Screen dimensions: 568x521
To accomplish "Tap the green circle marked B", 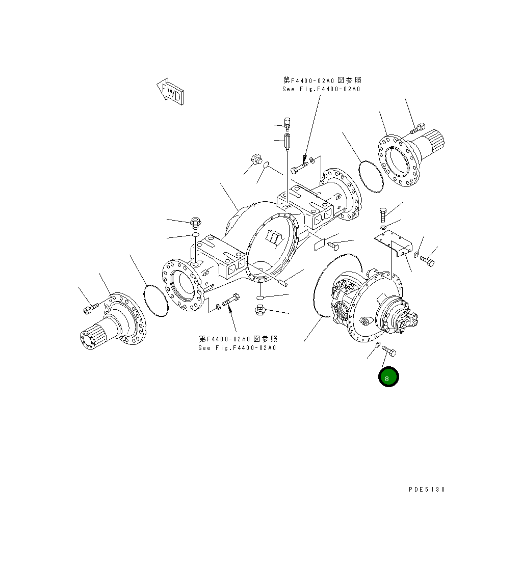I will point(388,377).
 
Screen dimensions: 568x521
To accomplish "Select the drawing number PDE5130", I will point(427,490).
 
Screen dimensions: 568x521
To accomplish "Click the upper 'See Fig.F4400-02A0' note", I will point(322,85).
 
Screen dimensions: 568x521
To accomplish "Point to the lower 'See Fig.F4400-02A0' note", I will point(238,343).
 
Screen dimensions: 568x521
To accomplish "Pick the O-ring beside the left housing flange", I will point(156,301).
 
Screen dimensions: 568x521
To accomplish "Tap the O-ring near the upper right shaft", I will point(372,176).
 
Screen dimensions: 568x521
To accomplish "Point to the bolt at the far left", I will point(90,309).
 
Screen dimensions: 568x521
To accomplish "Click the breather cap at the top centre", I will point(286,124).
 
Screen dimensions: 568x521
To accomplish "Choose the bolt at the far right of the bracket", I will point(428,261).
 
